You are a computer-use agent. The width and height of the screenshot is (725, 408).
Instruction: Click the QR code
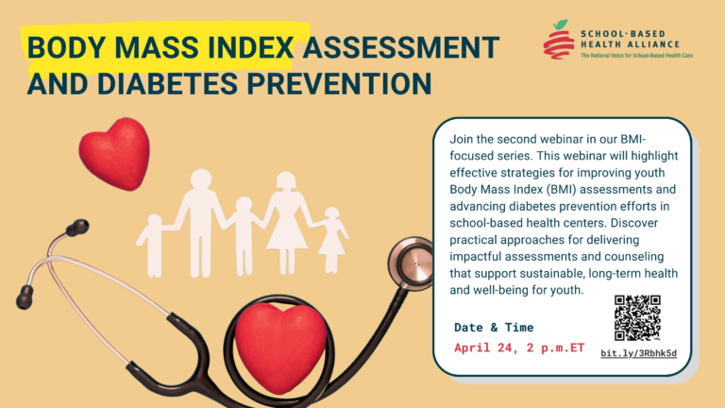(x=637, y=317)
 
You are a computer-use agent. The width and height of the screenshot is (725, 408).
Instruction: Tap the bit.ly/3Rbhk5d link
(x=639, y=354)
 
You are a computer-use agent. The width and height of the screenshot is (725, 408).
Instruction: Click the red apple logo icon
(x=559, y=40)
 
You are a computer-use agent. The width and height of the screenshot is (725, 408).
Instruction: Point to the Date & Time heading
(x=494, y=328)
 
